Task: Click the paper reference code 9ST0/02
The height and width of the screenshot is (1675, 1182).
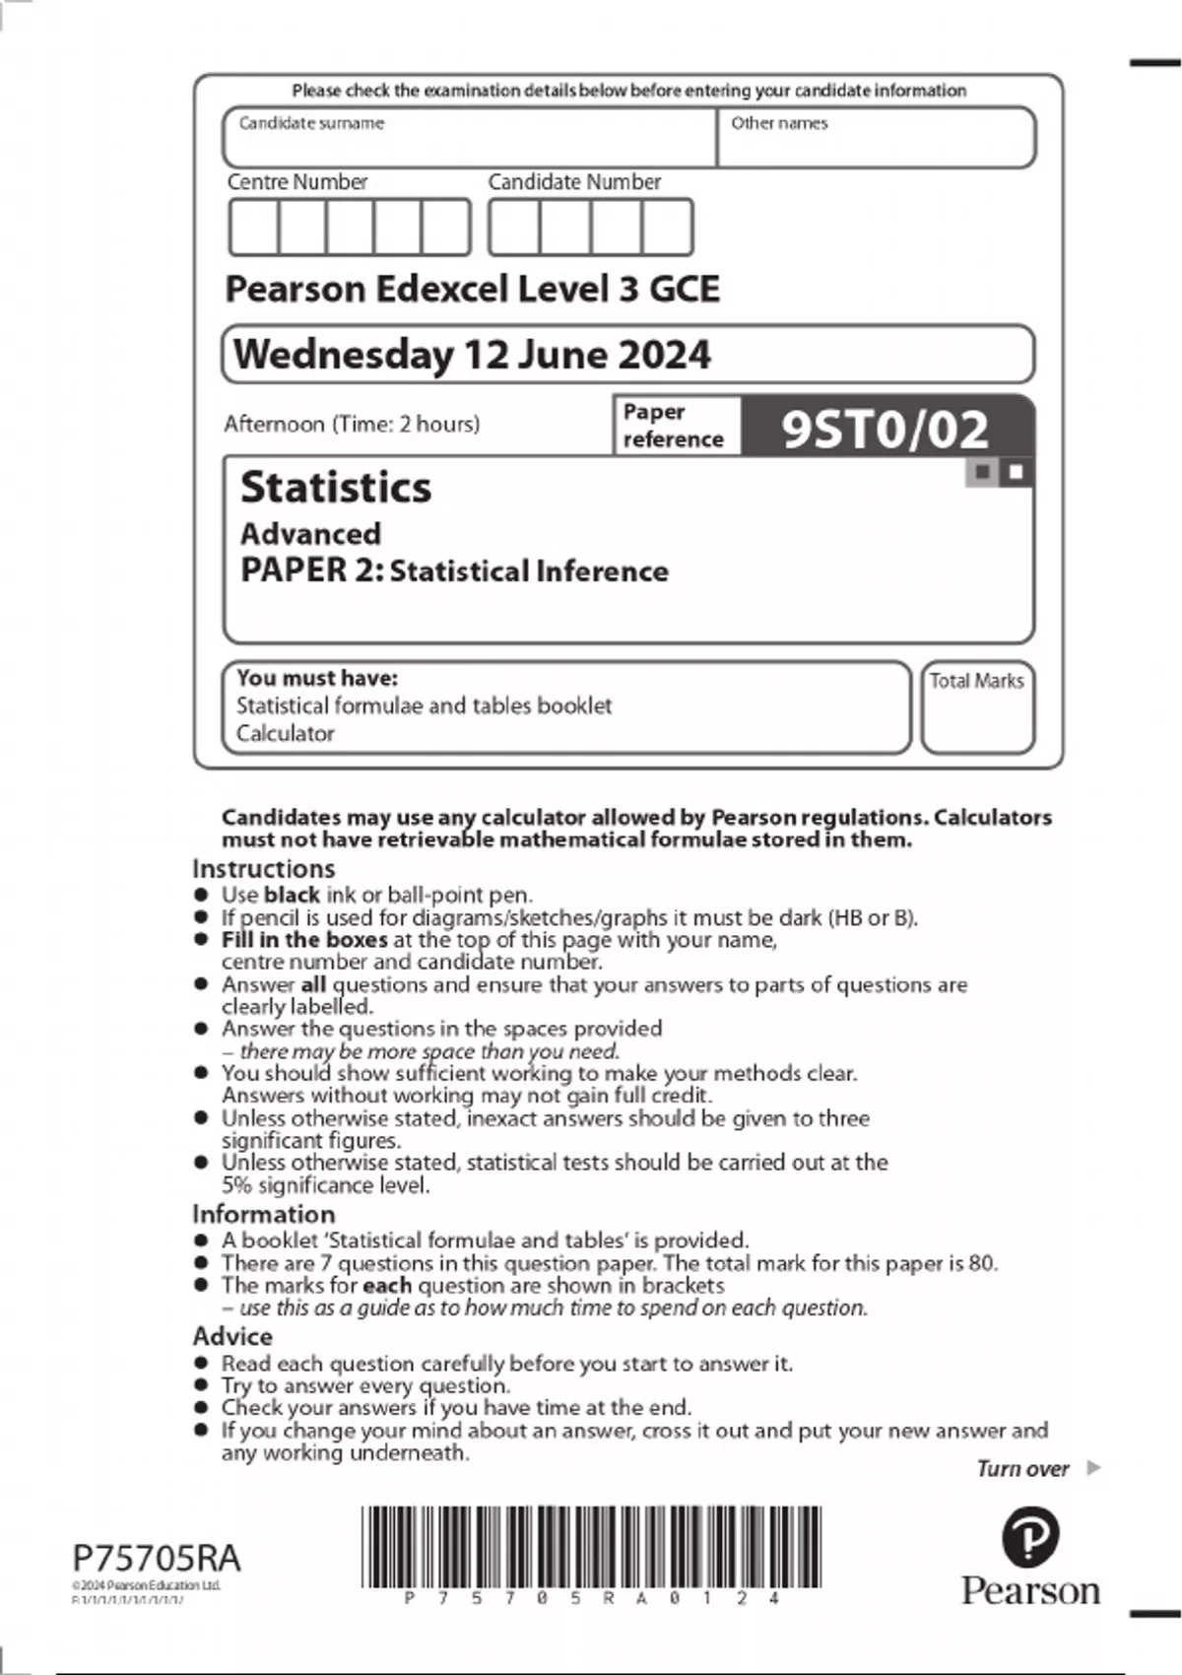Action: [x=884, y=429]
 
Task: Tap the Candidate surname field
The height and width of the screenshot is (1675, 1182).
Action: [x=469, y=138]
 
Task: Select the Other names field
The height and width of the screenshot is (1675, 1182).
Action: [x=876, y=138]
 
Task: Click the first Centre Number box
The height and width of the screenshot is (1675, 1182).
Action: [x=253, y=228]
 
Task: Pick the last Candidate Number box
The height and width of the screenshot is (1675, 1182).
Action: [x=667, y=228]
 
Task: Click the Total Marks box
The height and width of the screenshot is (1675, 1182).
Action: [x=977, y=707]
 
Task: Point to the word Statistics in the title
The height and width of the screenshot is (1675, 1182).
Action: [x=336, y=488]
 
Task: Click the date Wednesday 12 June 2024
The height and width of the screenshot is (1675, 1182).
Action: [x=472, y=355]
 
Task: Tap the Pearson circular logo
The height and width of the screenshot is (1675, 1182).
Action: [x=1030, y=1537]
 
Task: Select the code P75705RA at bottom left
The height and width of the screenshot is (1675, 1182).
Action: [x=157, y=1558]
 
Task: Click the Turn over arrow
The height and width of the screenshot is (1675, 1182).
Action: [x=1092, y=1468]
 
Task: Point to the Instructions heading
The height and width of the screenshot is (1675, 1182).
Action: [x=263, y=869]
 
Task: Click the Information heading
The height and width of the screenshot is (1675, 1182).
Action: [x=263, y=1214]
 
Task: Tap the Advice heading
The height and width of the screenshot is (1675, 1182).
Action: [x=232, y=1336]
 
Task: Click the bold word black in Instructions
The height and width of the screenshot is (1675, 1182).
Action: [x=292, y=895]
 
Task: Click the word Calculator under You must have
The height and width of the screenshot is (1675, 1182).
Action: [x=285, y=733]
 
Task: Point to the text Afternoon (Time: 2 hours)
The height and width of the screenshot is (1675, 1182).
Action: [x=352, y=424]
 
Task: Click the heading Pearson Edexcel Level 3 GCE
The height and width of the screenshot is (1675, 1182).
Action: [x=472, y=289]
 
